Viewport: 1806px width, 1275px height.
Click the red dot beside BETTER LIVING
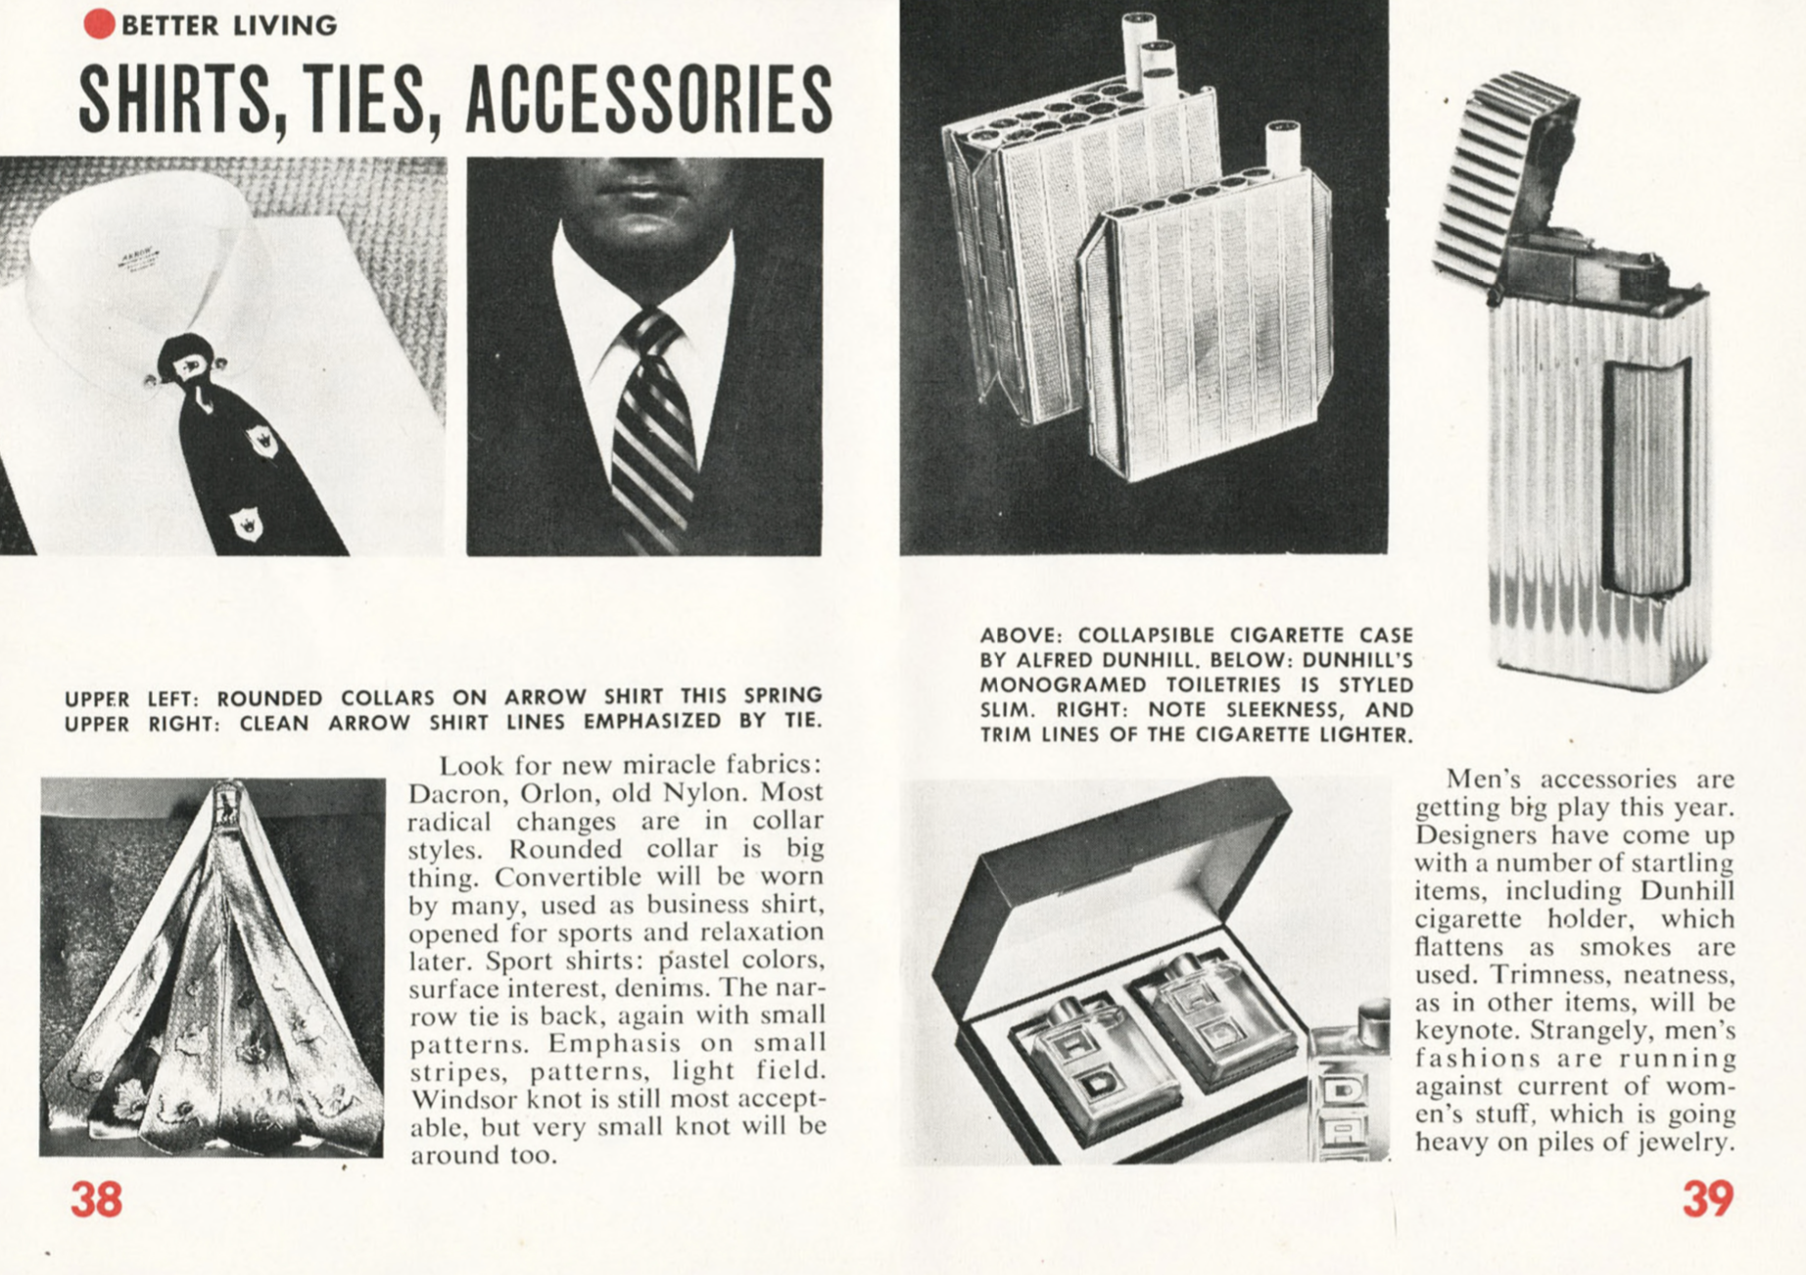99,24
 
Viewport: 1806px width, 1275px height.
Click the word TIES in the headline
367,100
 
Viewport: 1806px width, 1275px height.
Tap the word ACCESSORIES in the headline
649,100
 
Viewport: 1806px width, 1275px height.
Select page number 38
96,1199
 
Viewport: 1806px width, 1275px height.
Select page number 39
1708,1199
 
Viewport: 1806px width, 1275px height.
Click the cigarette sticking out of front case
1281,147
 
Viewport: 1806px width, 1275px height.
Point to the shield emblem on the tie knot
188,367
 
